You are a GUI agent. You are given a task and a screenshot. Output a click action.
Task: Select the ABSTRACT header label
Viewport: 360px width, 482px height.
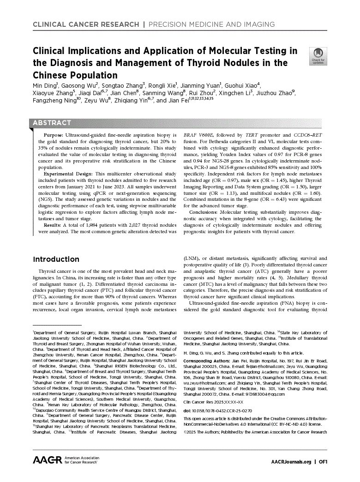[52, 123]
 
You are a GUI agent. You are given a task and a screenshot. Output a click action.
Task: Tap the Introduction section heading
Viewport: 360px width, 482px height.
[56, 259]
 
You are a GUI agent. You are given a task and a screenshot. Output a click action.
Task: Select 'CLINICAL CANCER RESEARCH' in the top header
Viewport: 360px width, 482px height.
[86, 24]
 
